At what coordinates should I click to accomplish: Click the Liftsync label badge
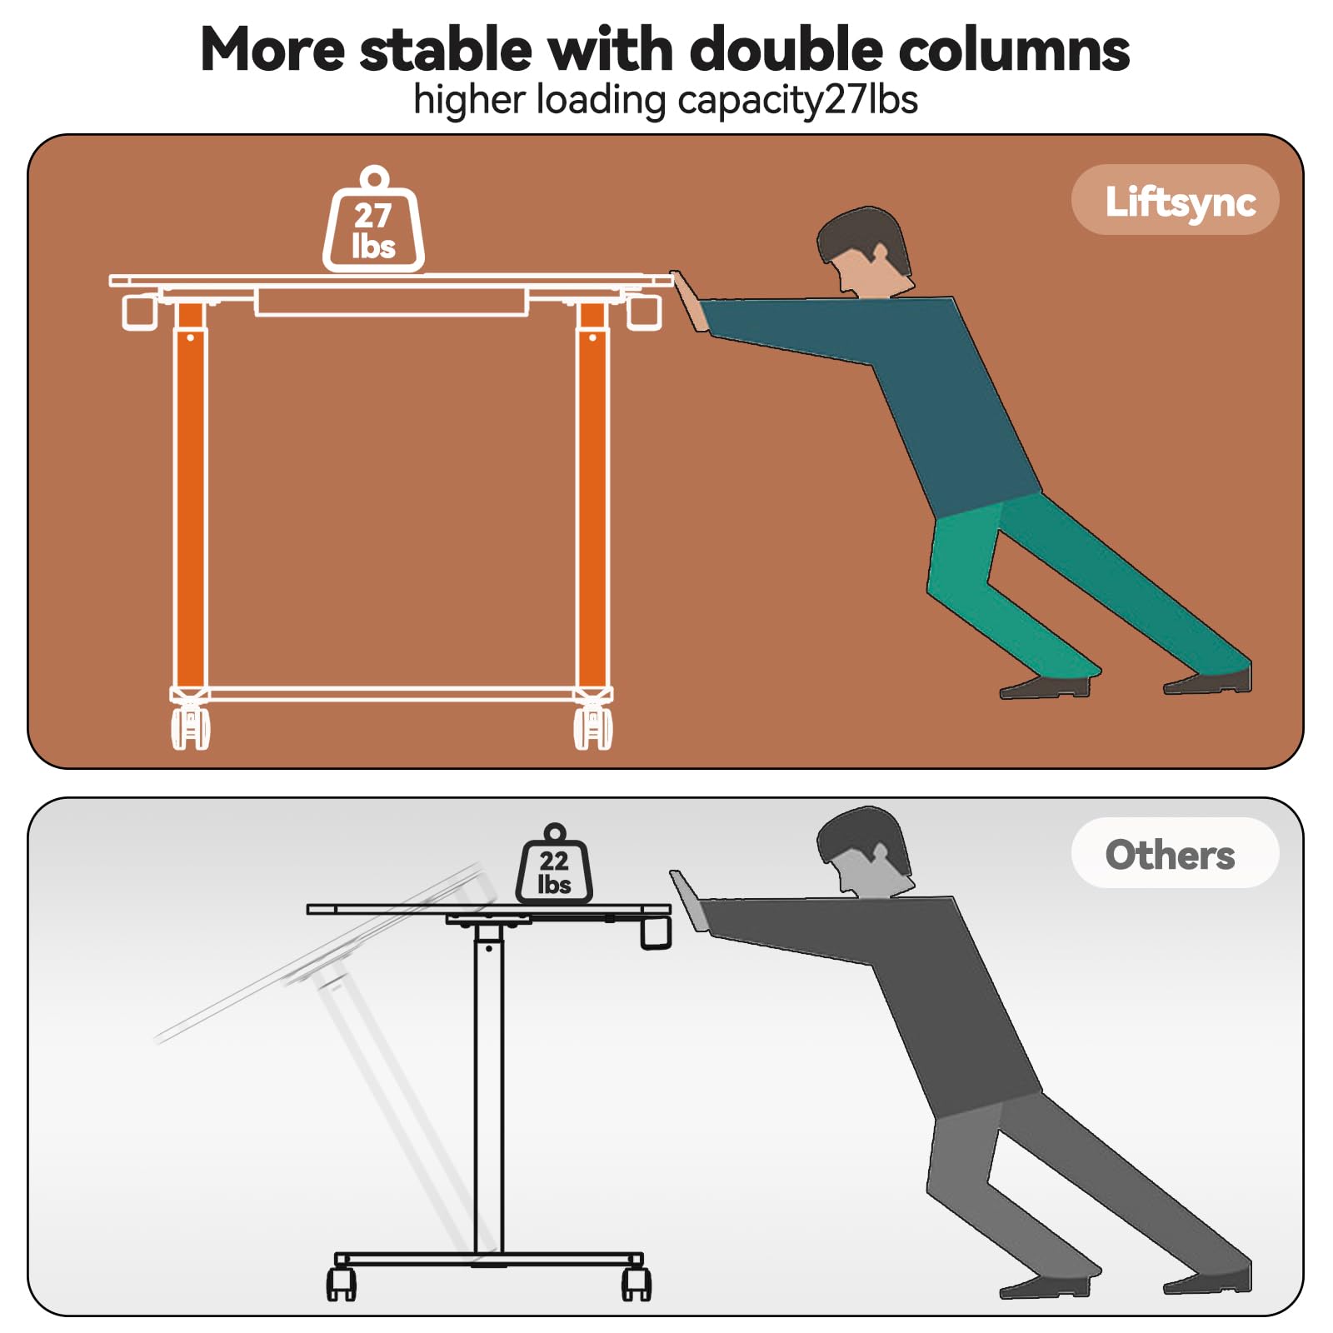[x=1175, y=200]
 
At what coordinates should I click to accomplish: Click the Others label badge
[x=1174, y=853]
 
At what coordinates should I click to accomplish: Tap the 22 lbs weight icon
[x=554, y=870]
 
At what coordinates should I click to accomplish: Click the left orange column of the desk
[x=190, y=500]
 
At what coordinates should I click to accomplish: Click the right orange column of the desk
[x=592, y=500]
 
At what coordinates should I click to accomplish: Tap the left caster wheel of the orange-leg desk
[x=190, y=727]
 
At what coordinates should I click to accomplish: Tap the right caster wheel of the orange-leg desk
[x=593, y=727]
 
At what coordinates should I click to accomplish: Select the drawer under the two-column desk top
[x=391, y=302]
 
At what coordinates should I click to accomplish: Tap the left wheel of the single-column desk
[x=341, y=1284]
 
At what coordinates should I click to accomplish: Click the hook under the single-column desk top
[x=656, y=932]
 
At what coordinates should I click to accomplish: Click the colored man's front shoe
[x=1046, y=687]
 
